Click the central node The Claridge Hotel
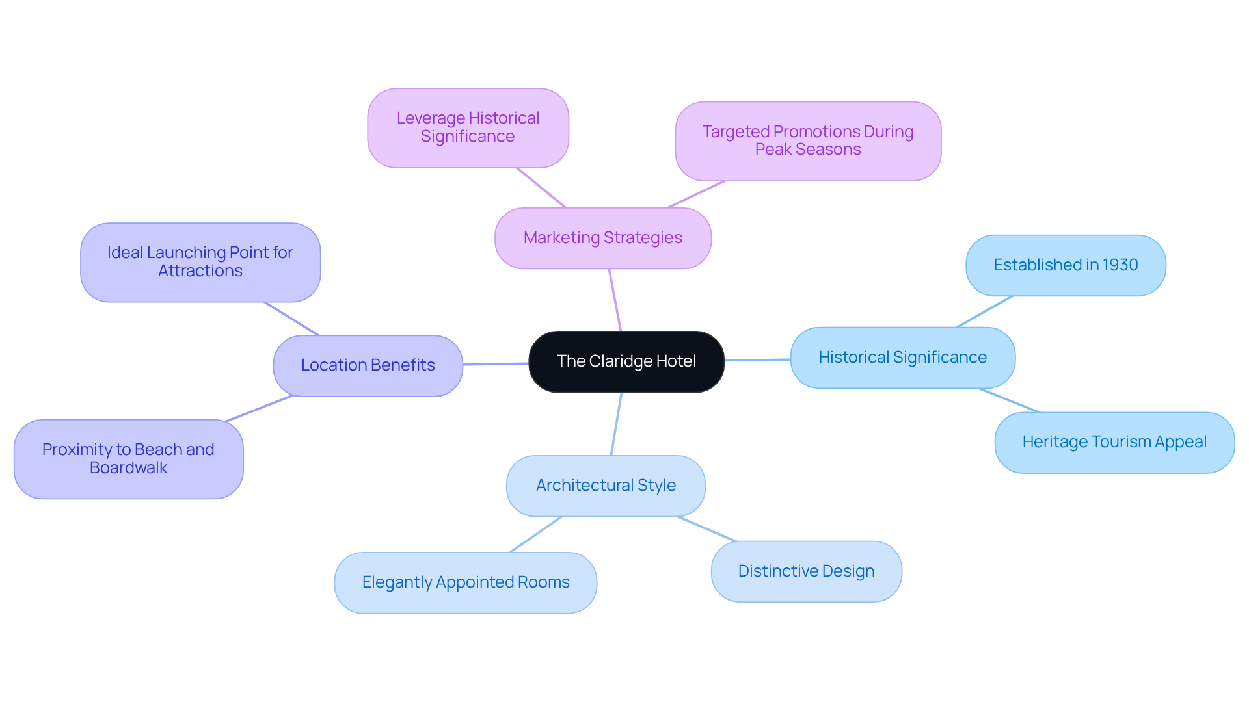(x=626, y=361)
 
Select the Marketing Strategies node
(x=602, y=238)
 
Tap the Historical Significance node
(x=902, y=358)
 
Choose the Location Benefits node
(x=368, y=365)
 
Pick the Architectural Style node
(x=606, y=486)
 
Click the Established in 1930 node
(x=1065, y=265)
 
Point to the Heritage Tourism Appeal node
(x=1114, y=442)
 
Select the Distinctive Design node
(x=806, y=571)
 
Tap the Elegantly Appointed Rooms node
(x=465, y=582)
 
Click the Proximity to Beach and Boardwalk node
(x=128, y=459)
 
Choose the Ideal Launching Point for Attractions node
(x=200, y=262)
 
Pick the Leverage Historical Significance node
(x=468, y=127)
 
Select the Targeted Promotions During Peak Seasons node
(x=807, y=140)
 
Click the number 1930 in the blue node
(x=1120, y=265)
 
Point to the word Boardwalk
(x=128, y=468)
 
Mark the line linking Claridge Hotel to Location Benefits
(x=496, y=364)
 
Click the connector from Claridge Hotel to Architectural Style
(x=616, y=424)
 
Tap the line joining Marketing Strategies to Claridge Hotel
(x=615, y=300)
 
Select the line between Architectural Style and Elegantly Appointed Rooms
(x=535, y=534)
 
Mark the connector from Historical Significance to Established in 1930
(x=984, y=311)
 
